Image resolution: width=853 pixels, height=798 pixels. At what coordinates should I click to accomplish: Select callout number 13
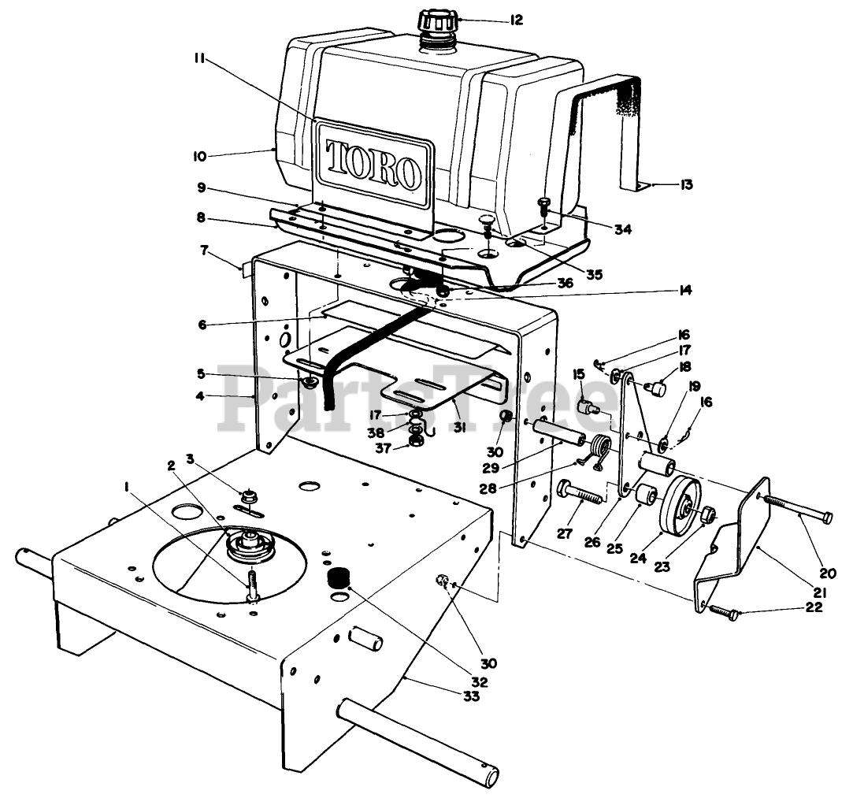(687, 184)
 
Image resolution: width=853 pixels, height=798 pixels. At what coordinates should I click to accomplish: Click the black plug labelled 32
(338, 577)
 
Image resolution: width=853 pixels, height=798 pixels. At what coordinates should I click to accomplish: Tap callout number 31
(459, 428)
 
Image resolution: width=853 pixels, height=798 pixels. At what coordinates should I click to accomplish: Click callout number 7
(205, 251)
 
